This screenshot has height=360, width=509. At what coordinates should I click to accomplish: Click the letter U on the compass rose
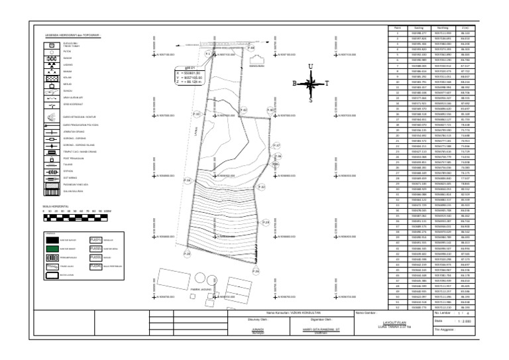coord(309,66)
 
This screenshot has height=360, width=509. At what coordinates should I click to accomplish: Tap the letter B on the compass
coord(295,84)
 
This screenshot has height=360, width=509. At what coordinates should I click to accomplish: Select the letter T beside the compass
coord(325,84)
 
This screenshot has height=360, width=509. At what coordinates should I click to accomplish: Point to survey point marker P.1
coord(208,53)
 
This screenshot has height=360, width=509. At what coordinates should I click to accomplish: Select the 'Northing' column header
coord(442,28)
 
